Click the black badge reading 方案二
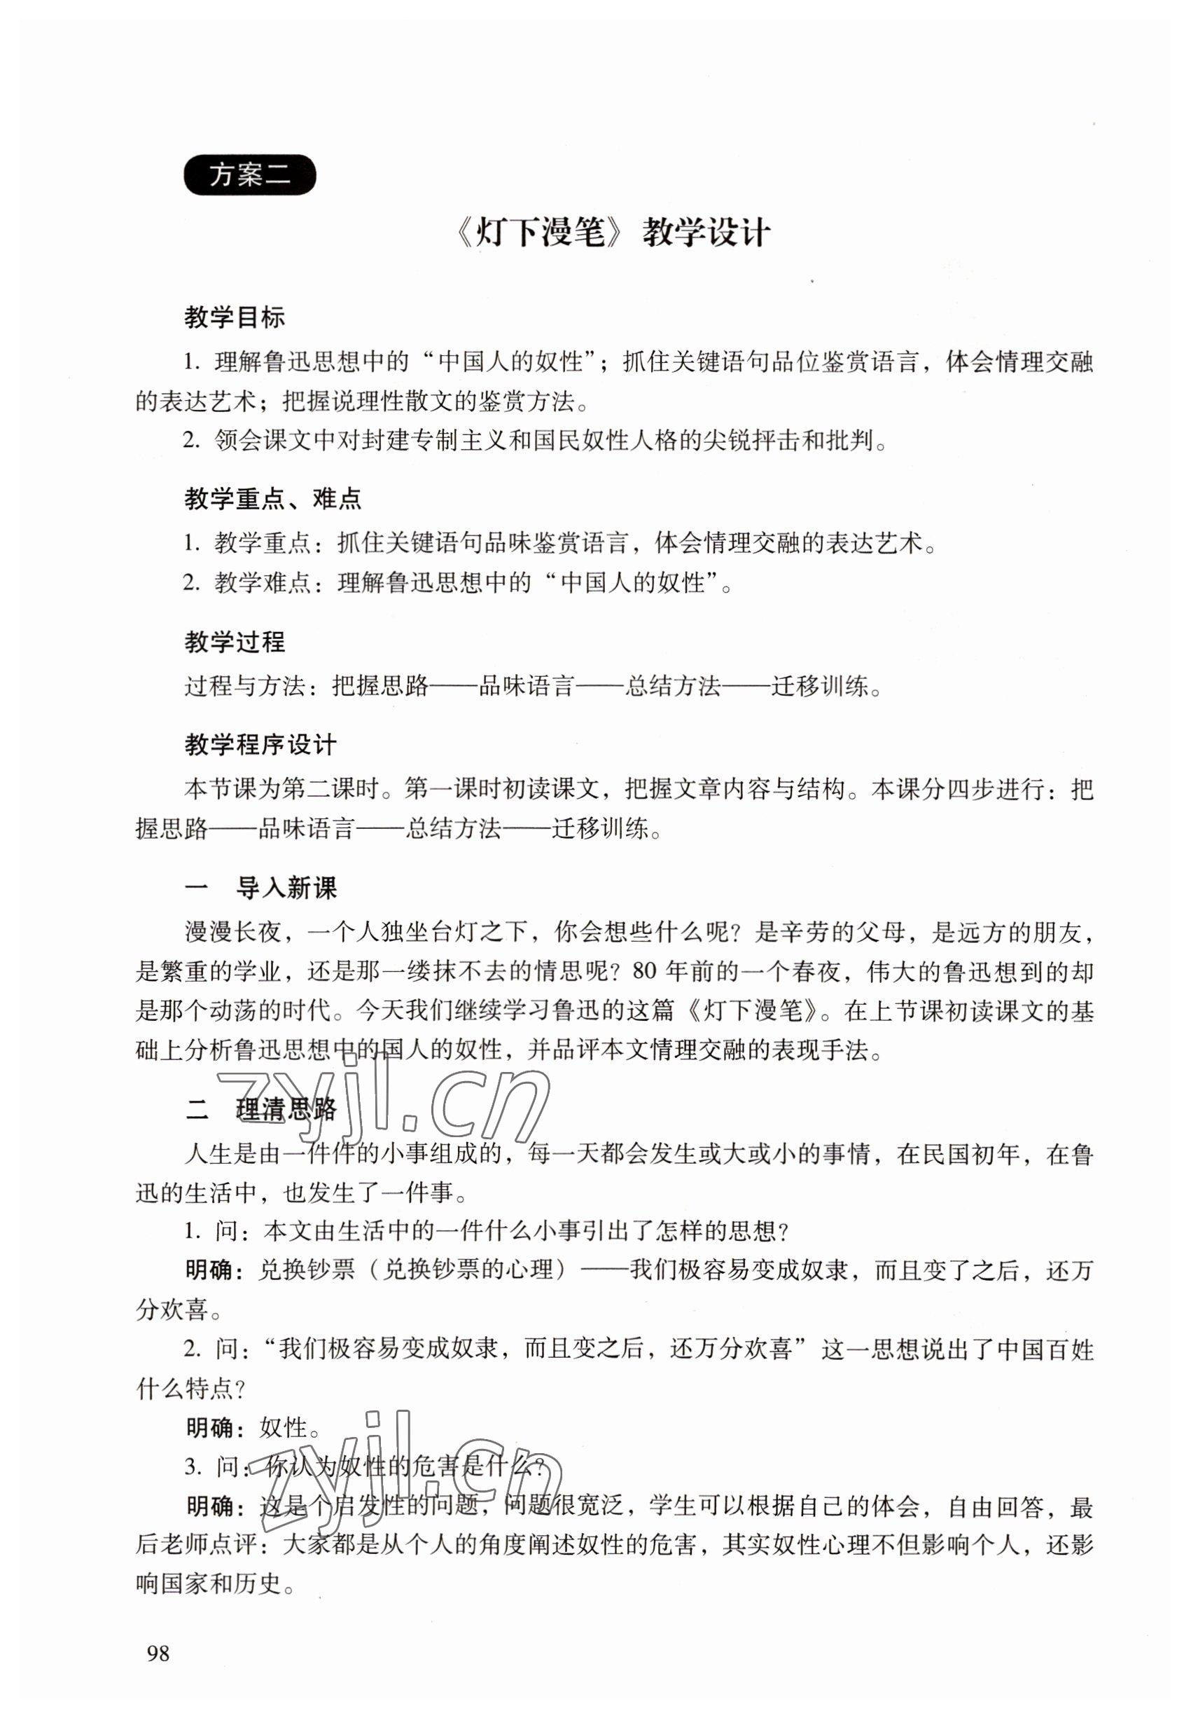click(249, 174)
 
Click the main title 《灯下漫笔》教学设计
click(611, 233)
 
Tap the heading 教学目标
click(235, 317)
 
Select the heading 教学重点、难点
click(272, 498)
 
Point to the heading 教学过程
click(235, 641)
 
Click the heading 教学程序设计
click(260, 744)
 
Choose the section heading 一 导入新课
click(260, 888)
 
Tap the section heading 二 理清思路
click(260, 1108)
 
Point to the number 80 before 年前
click(646, 971)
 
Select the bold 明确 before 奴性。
click(209, 1427)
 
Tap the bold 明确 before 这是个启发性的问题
click(209, 1506)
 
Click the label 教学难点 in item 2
click(262, 582)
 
